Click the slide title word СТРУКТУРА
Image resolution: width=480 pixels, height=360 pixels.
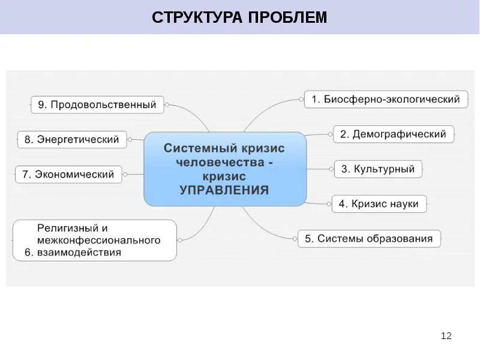click(194, 17)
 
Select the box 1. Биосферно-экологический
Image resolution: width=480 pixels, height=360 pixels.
click(386, 100)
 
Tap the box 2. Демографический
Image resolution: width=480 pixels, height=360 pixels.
click(393, 134)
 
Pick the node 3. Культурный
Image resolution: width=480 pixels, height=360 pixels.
click(378, 169)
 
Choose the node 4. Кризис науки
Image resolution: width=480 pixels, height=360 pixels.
click(379, 204)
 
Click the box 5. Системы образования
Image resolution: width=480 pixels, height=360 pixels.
click(368, 239)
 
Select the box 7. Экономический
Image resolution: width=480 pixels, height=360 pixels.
click(68, 175)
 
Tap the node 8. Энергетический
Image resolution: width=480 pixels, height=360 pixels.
click(71, 140)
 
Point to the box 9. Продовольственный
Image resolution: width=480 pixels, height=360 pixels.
click(97, 105)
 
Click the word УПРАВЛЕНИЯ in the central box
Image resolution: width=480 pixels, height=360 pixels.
click(224, 190)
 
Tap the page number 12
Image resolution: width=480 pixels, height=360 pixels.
click(446, 335)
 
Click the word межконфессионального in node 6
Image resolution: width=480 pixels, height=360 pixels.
click(99, 241)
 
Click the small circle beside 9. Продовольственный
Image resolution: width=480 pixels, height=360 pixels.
click(167, 105)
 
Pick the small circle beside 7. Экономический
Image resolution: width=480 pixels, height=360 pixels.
click(125, 175)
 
